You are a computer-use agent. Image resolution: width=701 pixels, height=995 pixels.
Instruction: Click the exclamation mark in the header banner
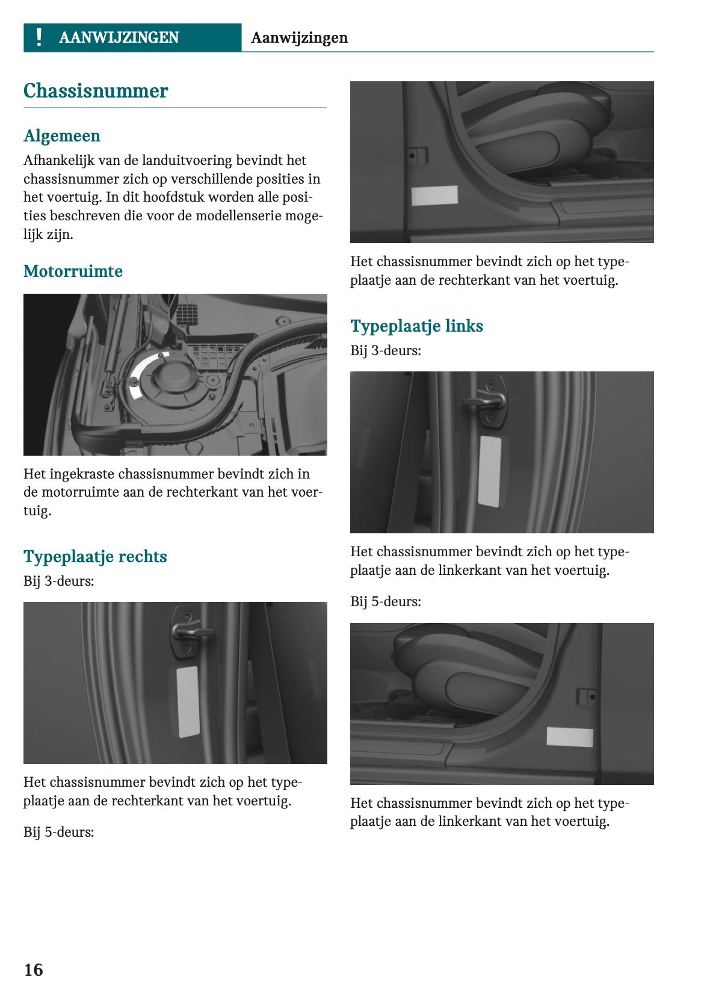point(39,37)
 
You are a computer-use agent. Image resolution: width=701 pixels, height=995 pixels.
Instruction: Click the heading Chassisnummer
point(96,91)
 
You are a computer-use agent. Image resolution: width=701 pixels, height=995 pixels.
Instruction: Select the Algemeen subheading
point(62,136)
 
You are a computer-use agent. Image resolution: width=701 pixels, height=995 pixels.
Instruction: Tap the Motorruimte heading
point(73,271)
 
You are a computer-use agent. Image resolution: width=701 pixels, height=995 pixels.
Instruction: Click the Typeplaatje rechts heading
point(95,557)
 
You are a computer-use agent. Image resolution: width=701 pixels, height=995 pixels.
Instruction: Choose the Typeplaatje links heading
point(416,326)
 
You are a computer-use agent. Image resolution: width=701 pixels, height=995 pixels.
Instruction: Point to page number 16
point(33,970)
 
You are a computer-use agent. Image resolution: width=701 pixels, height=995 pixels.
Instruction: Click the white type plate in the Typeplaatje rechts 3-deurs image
point(187,702)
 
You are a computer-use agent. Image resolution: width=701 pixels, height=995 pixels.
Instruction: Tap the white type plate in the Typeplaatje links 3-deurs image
point(490,471)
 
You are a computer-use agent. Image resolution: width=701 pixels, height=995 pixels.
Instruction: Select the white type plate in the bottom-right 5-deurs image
point(570,737)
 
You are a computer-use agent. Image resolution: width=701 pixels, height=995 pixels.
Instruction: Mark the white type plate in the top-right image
point(434,196)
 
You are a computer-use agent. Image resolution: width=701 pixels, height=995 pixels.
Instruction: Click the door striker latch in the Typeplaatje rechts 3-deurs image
point(188,632)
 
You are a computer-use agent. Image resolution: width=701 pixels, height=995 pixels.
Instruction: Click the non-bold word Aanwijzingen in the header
point(299,38)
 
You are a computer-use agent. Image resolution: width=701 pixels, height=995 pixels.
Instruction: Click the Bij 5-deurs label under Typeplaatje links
point(386,601)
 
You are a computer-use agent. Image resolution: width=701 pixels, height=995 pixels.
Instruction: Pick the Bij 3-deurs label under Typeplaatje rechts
point(59,581)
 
